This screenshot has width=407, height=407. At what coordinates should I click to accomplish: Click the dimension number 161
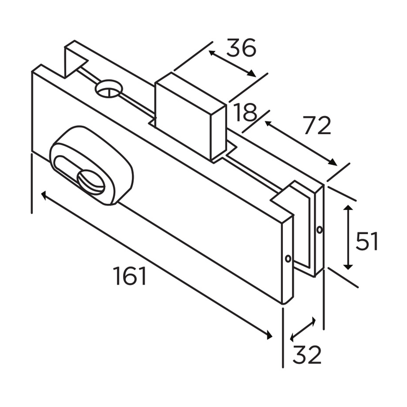coord(130,275)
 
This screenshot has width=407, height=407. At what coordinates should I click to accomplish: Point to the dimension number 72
coord(316,125)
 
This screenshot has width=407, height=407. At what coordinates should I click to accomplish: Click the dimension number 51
coord(366,241)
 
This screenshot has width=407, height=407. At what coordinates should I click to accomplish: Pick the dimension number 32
coord(307,355)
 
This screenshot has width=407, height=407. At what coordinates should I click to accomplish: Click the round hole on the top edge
coord(109,89)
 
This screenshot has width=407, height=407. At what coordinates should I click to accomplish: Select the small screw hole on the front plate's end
coord(288,258)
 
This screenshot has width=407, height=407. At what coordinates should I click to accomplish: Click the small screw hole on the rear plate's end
coord(319,230)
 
